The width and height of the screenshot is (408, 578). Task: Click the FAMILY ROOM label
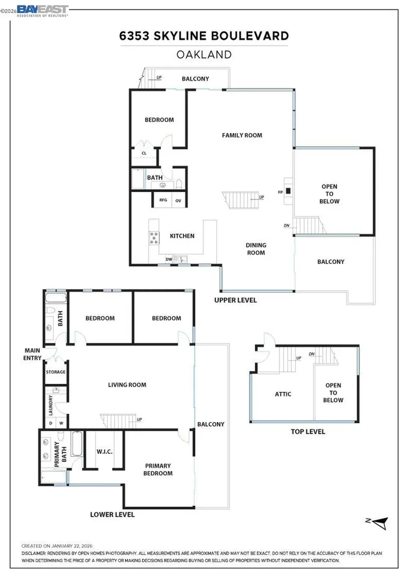coord(242,135)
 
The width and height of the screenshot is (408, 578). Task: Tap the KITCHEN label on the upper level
coord(182,236)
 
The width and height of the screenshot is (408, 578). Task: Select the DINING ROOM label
coord(256,249)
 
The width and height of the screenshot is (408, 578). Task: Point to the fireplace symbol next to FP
coord(288,191)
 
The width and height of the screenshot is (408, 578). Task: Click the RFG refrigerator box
coord(163,200)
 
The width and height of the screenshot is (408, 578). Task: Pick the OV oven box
coord(178,200)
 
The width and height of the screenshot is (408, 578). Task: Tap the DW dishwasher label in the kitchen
coord(169,259)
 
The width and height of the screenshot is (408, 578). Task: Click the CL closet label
coord(144,153)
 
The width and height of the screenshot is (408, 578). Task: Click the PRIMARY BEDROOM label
coord(158,470)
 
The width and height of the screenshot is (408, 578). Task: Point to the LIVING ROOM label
coord(127,385)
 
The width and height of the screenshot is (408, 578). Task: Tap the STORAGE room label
coord(55,372)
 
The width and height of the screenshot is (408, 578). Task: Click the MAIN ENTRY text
coord(32,354)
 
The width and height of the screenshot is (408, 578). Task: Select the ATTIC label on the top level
coord(283,394)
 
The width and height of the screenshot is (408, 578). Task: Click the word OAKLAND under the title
coord(204,55)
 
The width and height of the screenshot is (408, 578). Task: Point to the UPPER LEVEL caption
coord(235,300)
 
